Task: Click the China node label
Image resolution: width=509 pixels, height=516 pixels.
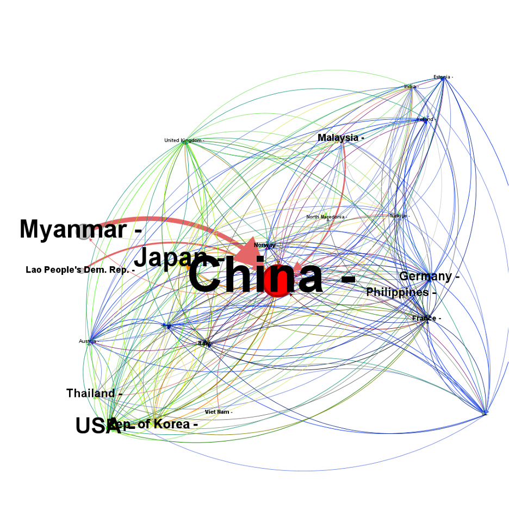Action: [256, 277]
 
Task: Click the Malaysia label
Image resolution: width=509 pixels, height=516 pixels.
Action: [338, 138]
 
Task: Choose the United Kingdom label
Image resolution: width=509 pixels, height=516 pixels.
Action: [183, 140]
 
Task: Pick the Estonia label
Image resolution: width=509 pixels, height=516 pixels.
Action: [442, 77]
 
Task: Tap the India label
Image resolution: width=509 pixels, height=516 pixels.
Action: [410, 87]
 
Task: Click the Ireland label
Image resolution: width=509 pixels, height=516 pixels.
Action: [425, 119]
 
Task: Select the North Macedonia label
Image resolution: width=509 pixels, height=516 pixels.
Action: [325, 217]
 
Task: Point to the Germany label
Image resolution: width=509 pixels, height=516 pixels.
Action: [425, 277]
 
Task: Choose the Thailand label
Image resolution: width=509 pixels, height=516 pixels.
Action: [91, 393]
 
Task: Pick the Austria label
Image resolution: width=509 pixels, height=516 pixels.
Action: [87, 342]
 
